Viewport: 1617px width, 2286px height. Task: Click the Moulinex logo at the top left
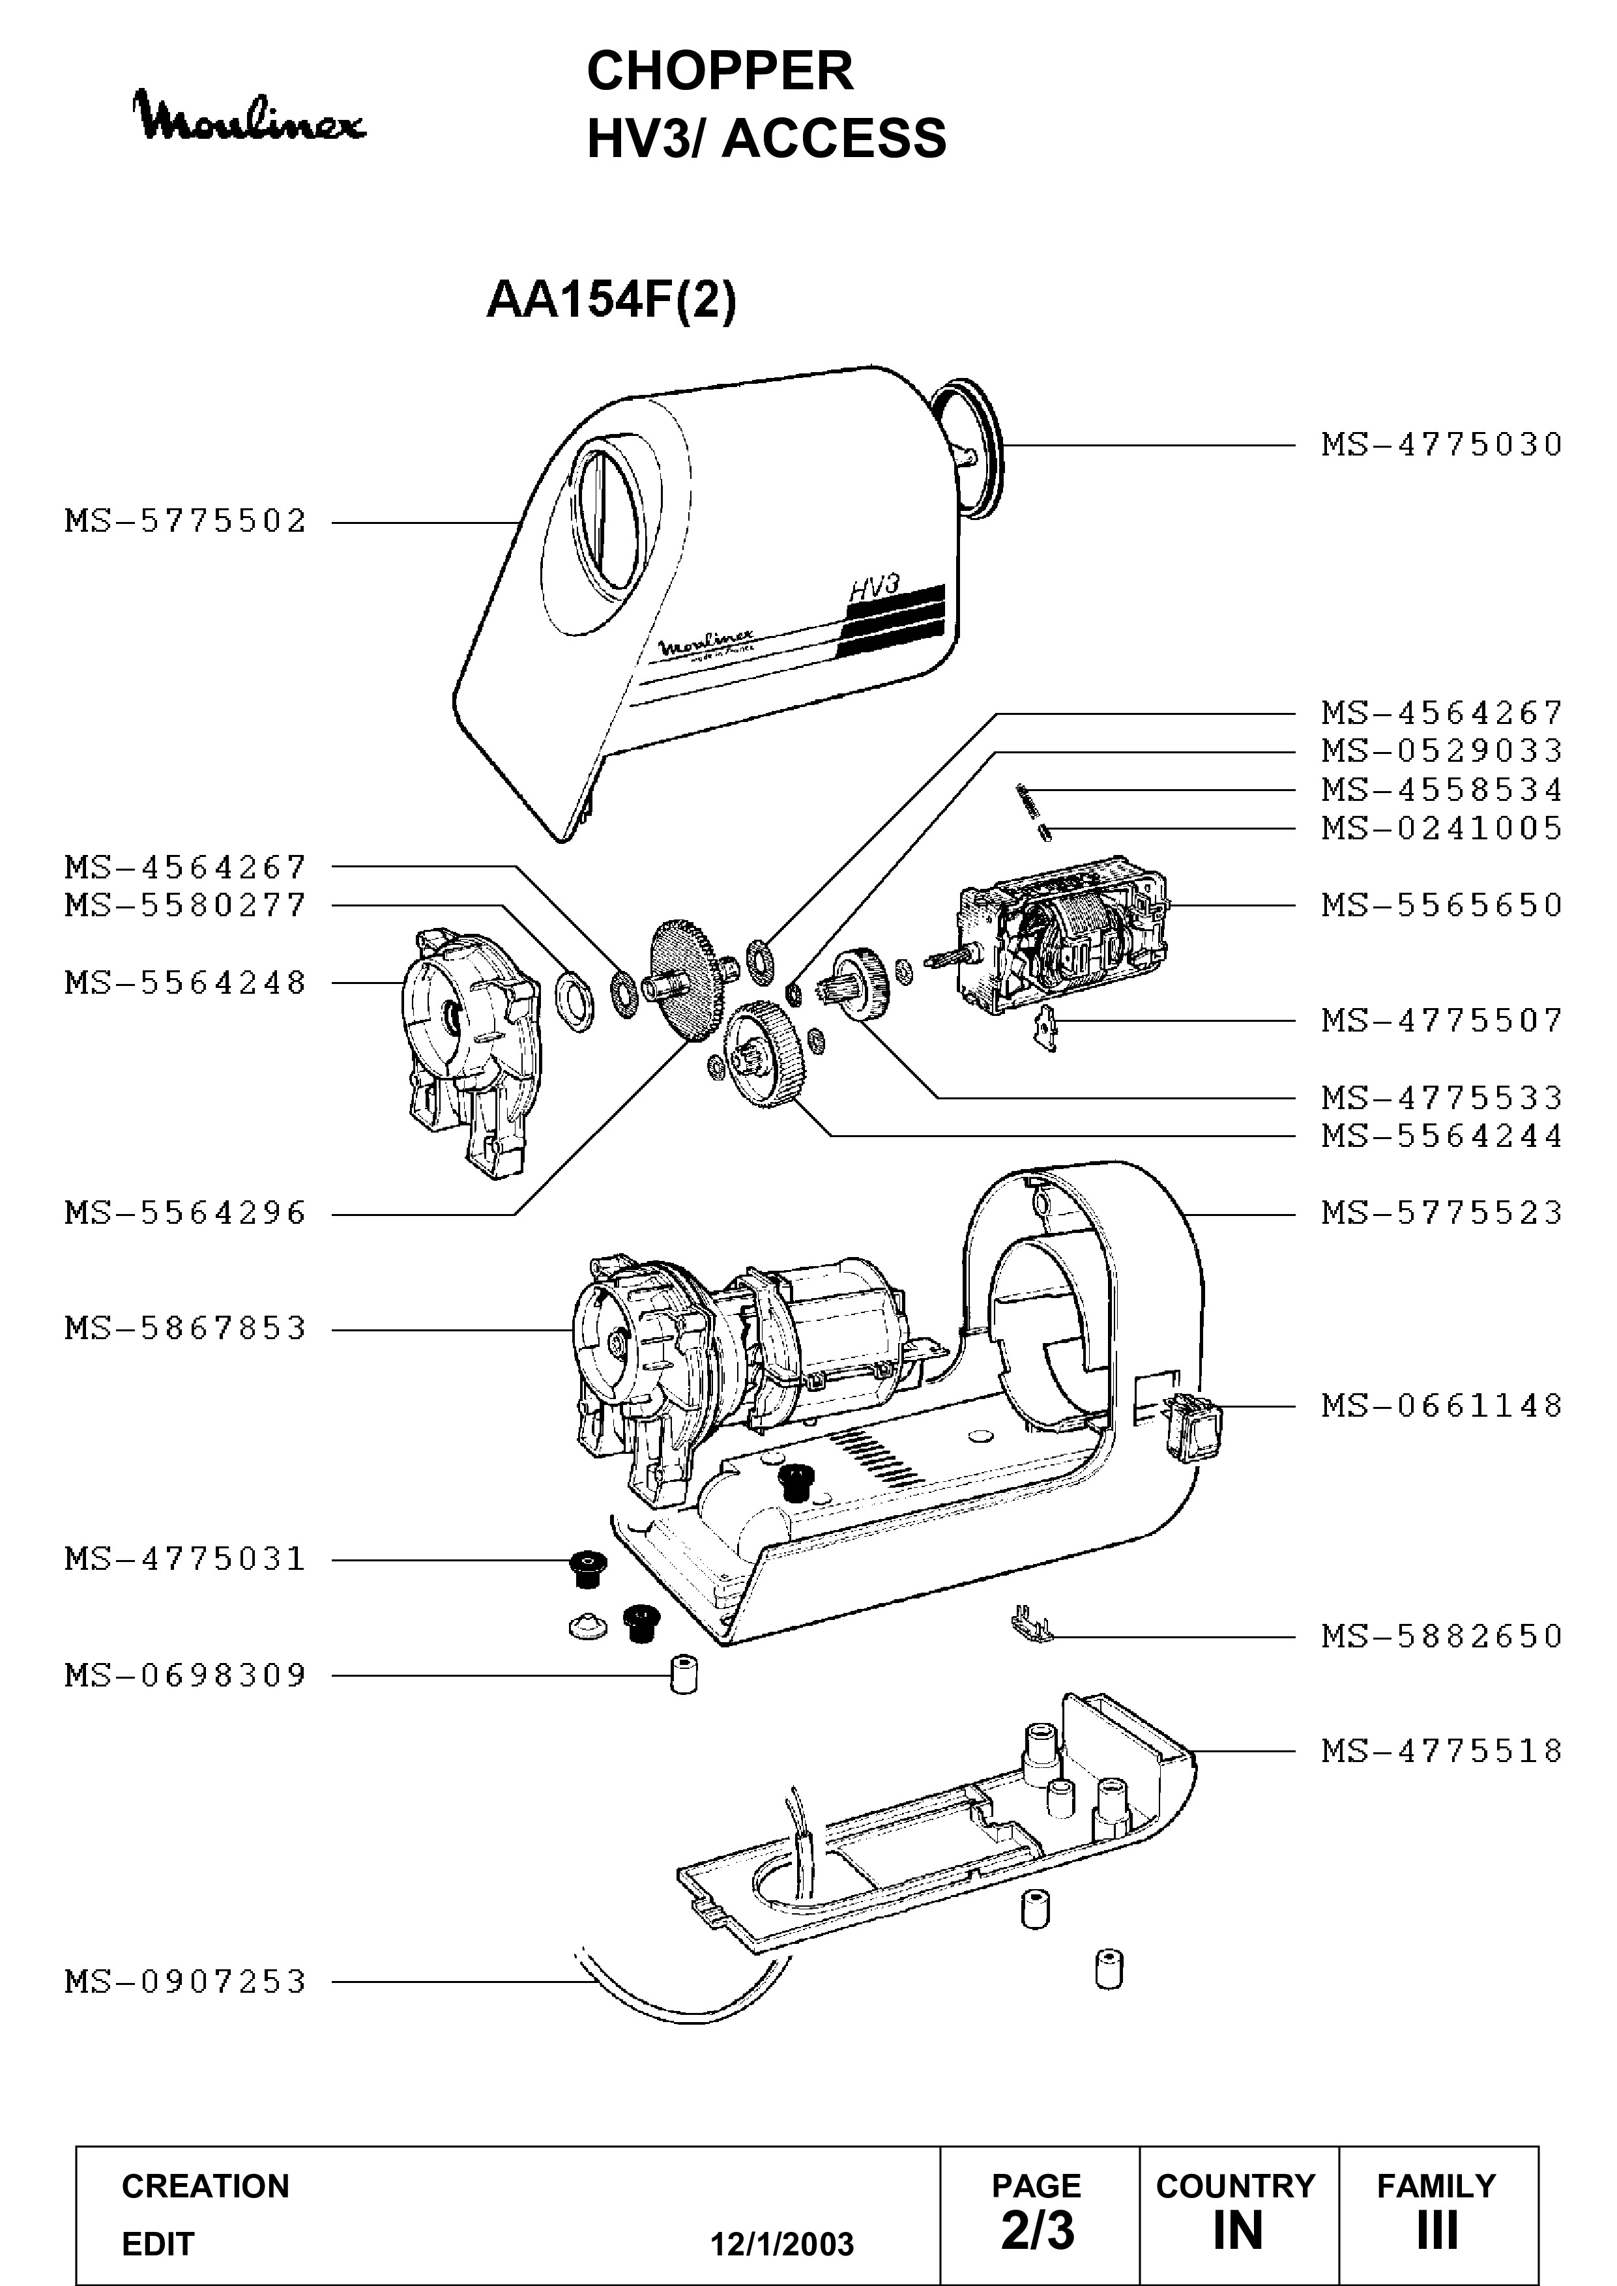pyautogui.click(x=251, y=117)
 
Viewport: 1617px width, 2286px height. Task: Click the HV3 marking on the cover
pyautogui.click(x=873, y=587)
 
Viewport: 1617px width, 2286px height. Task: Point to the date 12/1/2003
pyautogui.click(x=781, y=2244)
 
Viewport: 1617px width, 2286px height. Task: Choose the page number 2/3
pyautogui.click(x=1038, y=2231)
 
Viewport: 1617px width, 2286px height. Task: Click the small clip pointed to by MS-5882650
pyautogui.click(x=1032, y=1627)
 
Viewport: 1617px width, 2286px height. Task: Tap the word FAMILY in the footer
pyautogui.click(x=1436, y=2186)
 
